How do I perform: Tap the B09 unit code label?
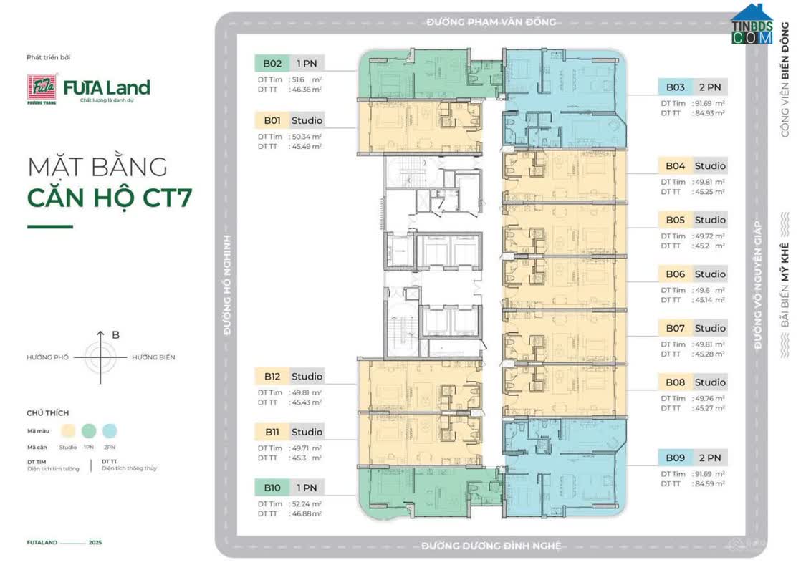pos(675,458)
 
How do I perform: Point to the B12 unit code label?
pos(272,376)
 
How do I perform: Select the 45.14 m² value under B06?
pos(706,301)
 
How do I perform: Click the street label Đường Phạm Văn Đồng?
pos(491,21)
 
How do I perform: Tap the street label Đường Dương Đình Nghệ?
pos(491,546)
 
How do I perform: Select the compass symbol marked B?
pos(100,356)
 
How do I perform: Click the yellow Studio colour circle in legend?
pos(69,431)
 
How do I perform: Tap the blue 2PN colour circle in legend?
pos(110,431)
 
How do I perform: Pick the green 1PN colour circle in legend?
pos(89,431)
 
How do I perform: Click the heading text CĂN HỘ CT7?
pos(109,197)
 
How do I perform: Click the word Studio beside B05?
pos(709,220)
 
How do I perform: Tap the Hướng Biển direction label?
pos(153,357)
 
